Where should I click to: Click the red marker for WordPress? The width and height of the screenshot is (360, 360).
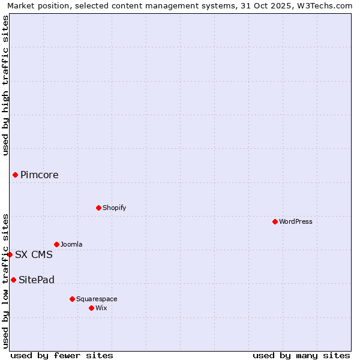[x=275, y=221]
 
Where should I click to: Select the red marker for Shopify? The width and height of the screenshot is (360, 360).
[x=98, y=208]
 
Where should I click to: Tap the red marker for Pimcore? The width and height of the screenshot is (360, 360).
[x=15, y=175]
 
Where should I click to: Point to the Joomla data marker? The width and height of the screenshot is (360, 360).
[x=56, y=244]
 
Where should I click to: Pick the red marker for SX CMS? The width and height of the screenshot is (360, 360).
[x=10, y=254]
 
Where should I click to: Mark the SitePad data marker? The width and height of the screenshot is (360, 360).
[x=13, y=280]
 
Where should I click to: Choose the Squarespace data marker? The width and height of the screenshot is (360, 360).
[x=72, y=299]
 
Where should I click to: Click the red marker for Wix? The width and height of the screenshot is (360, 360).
[x=91, y=308]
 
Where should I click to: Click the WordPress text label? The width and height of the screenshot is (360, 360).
[x=296, y=221]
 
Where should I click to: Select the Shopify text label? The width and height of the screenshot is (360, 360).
[x=115, y=208]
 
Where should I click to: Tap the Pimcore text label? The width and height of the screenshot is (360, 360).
[x=40, y=175]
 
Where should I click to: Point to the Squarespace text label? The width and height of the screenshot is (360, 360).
[x=97, y=299]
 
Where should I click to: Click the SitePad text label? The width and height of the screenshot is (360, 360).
[x=37, y=280]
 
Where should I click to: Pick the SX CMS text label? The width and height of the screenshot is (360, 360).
[x=34, y=254]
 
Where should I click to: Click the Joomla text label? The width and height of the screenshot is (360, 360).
[x=71, y=244]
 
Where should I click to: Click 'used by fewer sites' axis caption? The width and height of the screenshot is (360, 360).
[x=62, y=355]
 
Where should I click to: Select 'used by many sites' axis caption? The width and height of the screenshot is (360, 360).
[x=301, y=355]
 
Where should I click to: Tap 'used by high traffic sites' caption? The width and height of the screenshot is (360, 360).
[x=5, y=85]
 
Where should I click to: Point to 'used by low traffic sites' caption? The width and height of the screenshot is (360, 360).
[x=5, y=280]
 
